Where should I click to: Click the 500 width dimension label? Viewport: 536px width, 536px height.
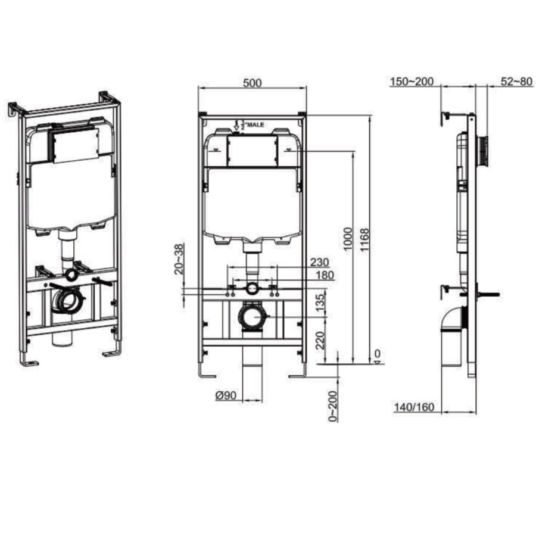tap(252, 83)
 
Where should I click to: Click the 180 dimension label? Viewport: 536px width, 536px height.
tap(325, 275)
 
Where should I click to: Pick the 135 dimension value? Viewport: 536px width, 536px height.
tap(320, 302)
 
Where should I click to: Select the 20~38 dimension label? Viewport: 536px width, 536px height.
tap(177, 258)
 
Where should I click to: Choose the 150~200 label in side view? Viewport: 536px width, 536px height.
tap(412, 82)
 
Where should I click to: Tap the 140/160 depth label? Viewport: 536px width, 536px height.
tap(413, 408)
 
